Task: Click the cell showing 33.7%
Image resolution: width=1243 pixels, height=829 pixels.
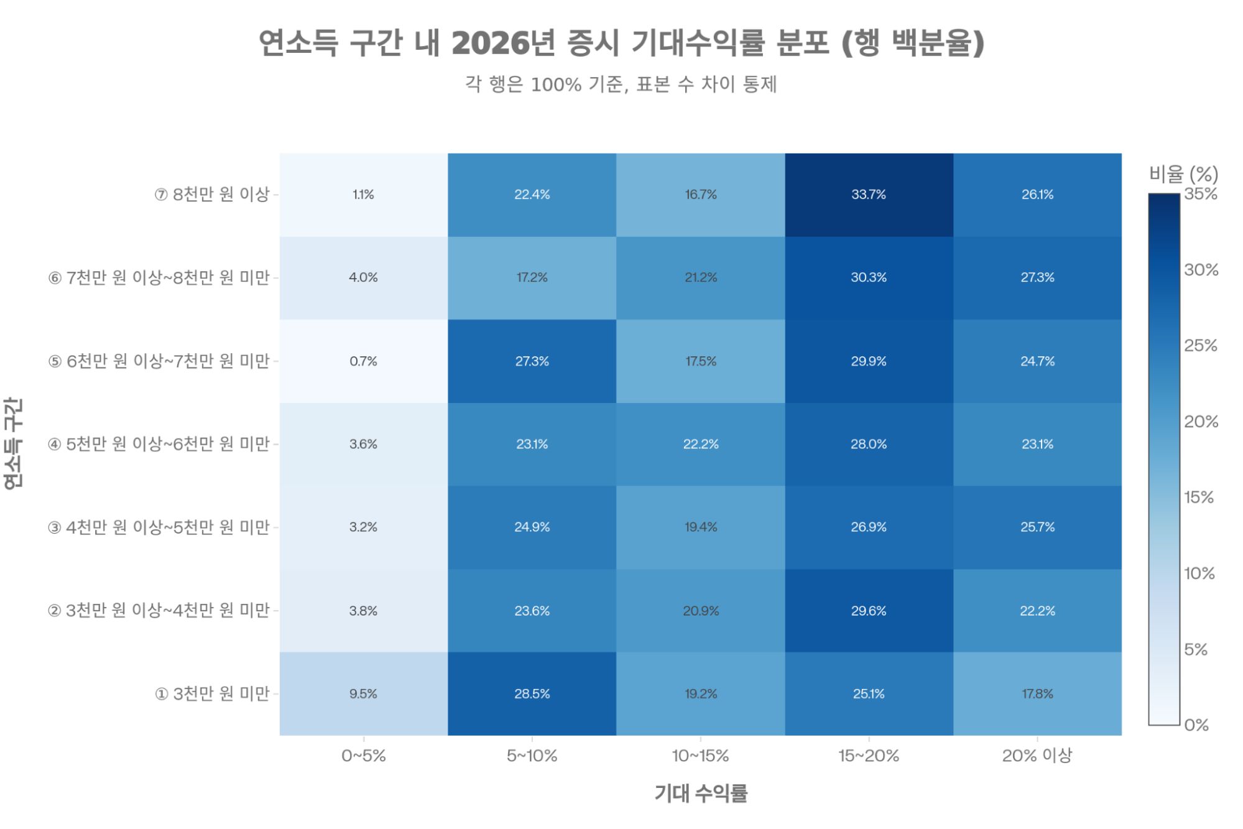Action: pyautogui.click(x=869, y=195)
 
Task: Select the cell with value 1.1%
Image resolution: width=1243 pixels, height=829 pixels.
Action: pyautogui.click(x=363, y=195)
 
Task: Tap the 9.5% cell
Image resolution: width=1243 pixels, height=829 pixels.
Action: pyautogui.click(x=363, y=693)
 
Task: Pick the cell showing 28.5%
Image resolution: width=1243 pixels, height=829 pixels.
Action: pyautogui.click(x=532, y=693)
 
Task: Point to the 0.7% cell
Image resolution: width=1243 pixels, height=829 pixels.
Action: pyautogui.click(x=363, y=361)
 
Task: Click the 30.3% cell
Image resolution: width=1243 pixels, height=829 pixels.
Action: pyautogui.click(x=869, y=277)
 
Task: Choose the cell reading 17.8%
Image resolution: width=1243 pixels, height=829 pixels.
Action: pyautogui.click(x=1037, y=693)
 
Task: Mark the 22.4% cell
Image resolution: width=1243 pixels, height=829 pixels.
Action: pyautogui.click(x=532, y=195)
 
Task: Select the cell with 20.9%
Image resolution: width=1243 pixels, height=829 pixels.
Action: pyautogui.click(x=701, y=611)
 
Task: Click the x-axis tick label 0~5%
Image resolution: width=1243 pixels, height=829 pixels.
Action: pyautogui.click(x=363, y=756)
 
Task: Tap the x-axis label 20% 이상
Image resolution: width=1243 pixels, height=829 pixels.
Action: pyautogui.click(x=1037, y=756)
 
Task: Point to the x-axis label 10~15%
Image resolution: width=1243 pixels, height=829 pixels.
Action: pyautogui.click(x=700, y=756)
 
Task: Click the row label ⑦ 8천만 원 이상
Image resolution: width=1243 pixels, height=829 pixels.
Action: pyautogui.click(x=212, y=195)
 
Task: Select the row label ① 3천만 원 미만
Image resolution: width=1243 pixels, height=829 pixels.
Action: pyautogui.click(x=212, y=693)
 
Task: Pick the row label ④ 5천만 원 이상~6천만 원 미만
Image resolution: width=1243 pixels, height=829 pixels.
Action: pyautogui.click(x=159, y=444)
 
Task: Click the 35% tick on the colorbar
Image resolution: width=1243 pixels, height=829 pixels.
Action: pyautogui.click(x=1200, y=194)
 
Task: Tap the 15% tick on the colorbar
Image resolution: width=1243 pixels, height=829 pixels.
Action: pyautogui.click(x=1199, y=498)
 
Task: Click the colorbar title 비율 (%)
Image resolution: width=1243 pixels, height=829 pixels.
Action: pyautogui.click(x=1183, y=174)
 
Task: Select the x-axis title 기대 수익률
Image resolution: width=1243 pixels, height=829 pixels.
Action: pyautogui.click(x=700, y=793)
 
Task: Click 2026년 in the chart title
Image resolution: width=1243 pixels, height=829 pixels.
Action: pyautogui.click(x=502, y=43)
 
